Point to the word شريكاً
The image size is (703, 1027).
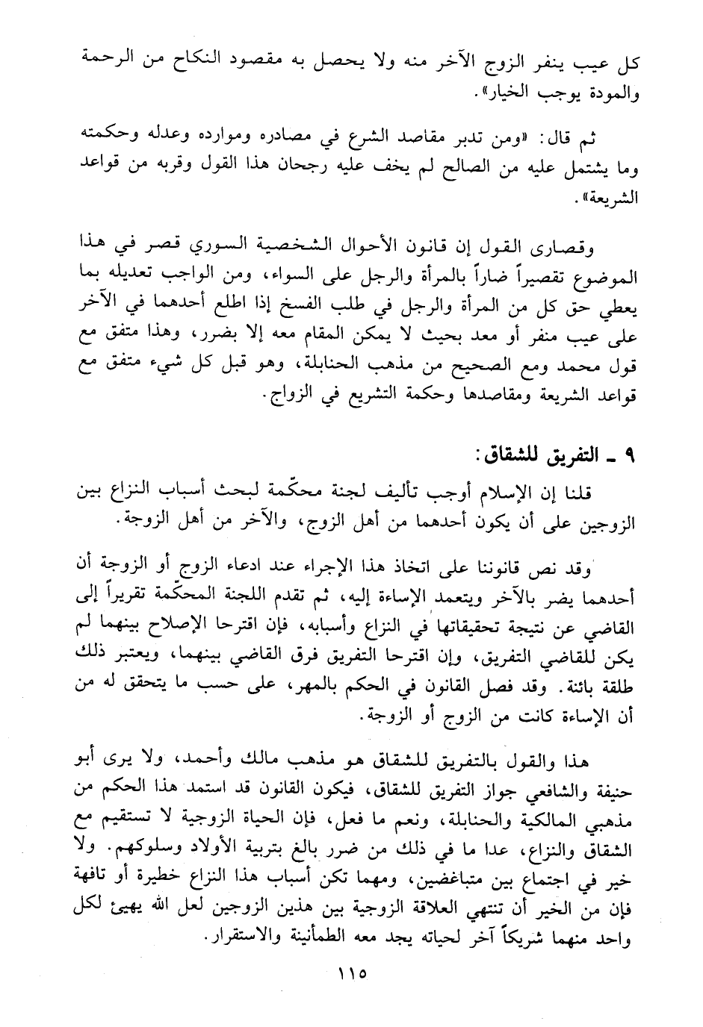(x=513, y=937)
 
